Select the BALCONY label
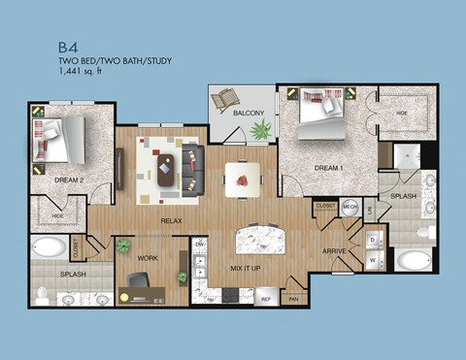click(249, 115)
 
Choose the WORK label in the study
click(147, 259)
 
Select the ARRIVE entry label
click(336, 249)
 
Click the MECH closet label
click(350, 207)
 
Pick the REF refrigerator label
click(264, 299)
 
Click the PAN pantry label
click(293, 299)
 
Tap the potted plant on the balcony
click(259, 128)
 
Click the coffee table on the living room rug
click(167, 171)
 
